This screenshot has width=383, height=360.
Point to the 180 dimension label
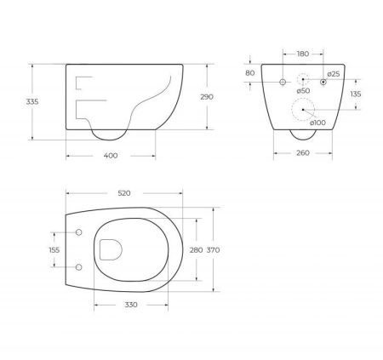(x=303, y=54)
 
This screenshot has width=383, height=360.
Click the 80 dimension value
(x=249, y=73)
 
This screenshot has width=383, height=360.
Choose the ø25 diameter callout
(x=334, y=75)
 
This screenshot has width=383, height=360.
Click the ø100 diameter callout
(x=318, y=122)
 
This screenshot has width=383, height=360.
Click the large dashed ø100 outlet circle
(x=303, y=110)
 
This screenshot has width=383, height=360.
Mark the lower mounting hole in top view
(x=78, y=267)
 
